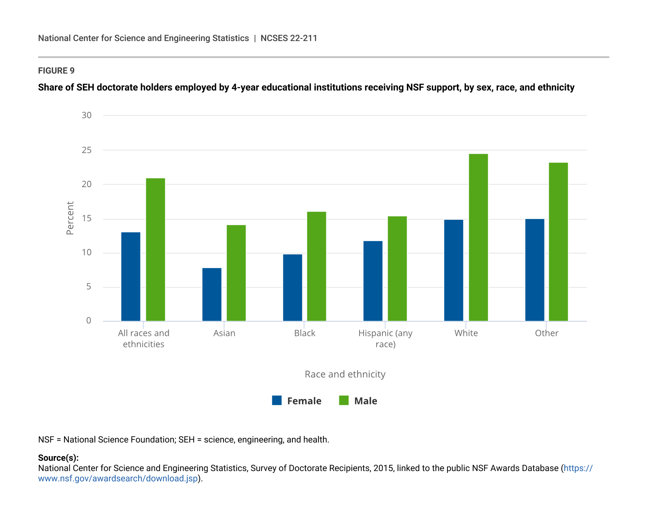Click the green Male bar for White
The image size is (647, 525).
pyautogui.click(x=478, y=237)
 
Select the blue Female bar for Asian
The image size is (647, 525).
pyautogui.click(x=212, y=294)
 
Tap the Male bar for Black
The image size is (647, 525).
pyautogui.click(x=316, y=266)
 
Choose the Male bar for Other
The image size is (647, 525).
pyautogui.click(x=558, y=242)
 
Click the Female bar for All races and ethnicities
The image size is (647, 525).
pyautogui.click(x=131, y=277)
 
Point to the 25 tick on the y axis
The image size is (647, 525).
pyautogui.click(x=87, y=150)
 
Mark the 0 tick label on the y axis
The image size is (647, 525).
pyautogui.click(x=89, y=321)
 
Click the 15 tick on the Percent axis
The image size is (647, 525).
pyautogui.click(x=87, y=219)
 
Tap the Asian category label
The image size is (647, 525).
pyautogui.click(x=224, y=333)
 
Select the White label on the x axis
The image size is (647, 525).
pyautogui.click(x=466, y=333)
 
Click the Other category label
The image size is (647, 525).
pyautogui.click(x=546, y=333)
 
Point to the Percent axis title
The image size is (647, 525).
pyautogui.click(x=70, y=218)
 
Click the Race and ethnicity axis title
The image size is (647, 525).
pyautogui.click(x=345, y=374)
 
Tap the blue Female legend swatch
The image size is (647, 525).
pyautogui.click(x=277, y=401)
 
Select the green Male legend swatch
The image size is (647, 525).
pyautogui.click(x=344, y=401)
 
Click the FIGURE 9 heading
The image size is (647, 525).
pyautogui.click(x=56, y=71)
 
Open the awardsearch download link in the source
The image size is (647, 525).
pyautogui.click(x=118, y=479)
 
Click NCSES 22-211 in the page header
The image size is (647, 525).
pyautogui.click(x=289, y=38)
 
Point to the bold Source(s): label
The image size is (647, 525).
pyautogui.click(x=58, y=458)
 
